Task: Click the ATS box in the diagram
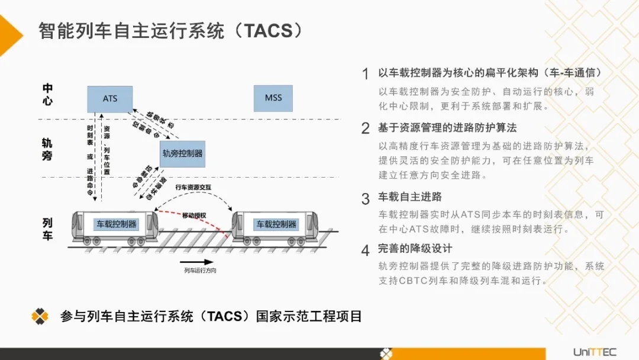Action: coord(110,99)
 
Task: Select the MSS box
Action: coord(273,98)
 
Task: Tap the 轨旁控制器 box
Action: coord(182,153)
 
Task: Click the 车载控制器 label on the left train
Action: coord(117,224)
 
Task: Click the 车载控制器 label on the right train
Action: coord(276,224)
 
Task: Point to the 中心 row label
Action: coord(48,94)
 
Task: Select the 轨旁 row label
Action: coord(47,150)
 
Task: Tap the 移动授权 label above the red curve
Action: coord(195,215)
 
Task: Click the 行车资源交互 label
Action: coord(193,187)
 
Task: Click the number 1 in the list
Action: coord(365,74)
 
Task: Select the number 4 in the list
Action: coord(365,250)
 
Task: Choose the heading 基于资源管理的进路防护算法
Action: coord(447,127)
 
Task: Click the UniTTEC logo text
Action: coord(595,352)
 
